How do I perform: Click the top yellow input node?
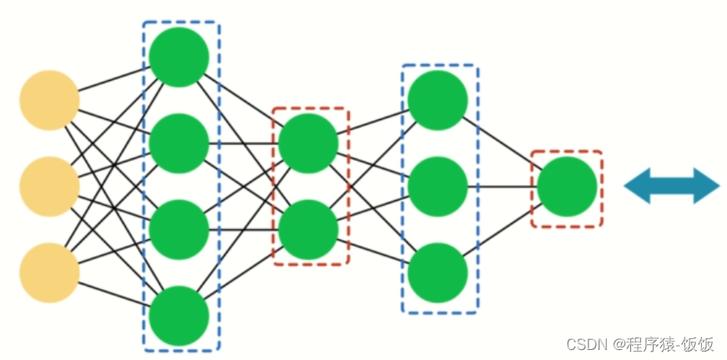click(x=49, y=101)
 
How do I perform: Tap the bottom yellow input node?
click(x=49, y=272)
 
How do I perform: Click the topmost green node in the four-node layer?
click(x=179, y=57)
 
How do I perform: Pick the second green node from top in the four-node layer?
click(x=179, y=143)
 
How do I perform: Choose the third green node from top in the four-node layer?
click(x=179, y=229)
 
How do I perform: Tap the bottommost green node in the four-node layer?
click(x=179, y=315)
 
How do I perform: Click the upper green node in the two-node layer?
click(x=308, y=143)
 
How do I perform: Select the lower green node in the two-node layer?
click(x=308, y=229)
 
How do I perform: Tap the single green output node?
click(x=567, y=187)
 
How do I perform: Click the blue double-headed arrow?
click(x=671, y=186)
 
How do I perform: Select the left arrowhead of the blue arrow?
click(x=638, y=186)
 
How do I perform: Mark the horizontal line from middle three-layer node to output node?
click(x=503, y=187)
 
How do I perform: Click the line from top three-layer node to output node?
click(x=503, y=143)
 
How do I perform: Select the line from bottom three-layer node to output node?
click(x=503, y=230)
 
